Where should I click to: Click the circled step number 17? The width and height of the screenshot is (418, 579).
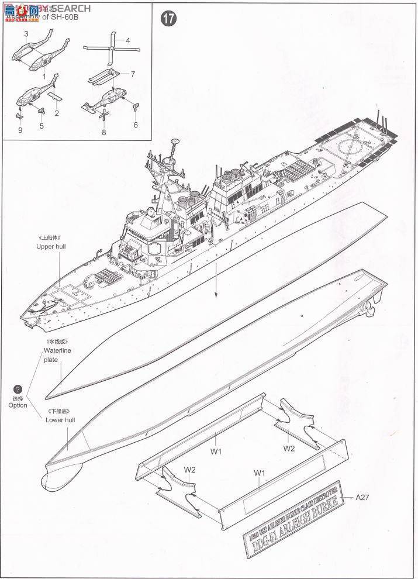click(169, 19)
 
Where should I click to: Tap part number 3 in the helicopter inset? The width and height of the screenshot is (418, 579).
click(26, 35)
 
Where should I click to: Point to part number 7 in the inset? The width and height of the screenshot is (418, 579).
click(133, 74)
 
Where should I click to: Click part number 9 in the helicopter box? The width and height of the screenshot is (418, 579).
click(20, 130)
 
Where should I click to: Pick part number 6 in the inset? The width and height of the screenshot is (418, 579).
click(136, 125)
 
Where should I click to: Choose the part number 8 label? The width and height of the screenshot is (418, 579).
click(104, 133)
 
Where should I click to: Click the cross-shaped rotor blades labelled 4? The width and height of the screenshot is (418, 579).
click(109, 49)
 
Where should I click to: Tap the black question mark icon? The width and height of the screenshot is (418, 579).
click(18, 388)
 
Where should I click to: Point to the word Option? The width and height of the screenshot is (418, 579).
click(18, 405)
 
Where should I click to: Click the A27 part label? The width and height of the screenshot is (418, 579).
click(364, 497)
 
